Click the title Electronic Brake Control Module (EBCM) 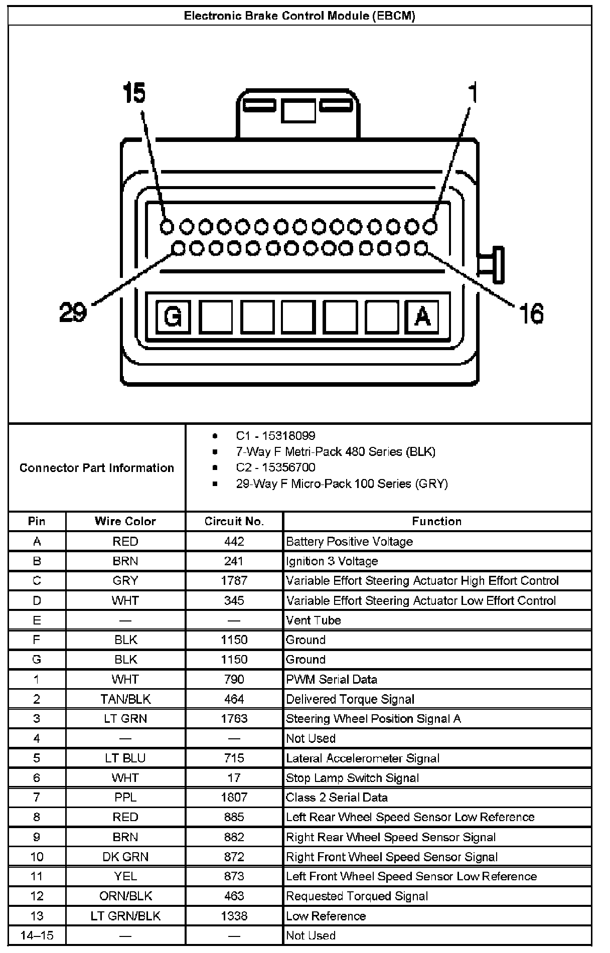pyautogui.click(x=299, y=16)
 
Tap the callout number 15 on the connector pyautogui.click(x=134, y=93)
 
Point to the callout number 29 pyautogui.click(x=73, y=312)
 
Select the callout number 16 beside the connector pyautogui.click(x=531, y=314)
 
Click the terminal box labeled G pyautogui.click(x=173, y=316)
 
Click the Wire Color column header pyautogui.click(x=125, y=521)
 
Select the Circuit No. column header pyautogui.click(x=234, y=521)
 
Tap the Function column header pyautogui.click(x=436, y=521)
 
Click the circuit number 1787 pyautogui.click(x=234, y=581)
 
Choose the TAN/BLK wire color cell pyautogui.click(x=125, y=699)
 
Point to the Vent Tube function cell pyautogui.click(x=313, y=620)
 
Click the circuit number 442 pyautogui.click(x=234, y=542)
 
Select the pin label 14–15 pyautogui.click(x=37, y=935)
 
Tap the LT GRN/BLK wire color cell pyautogui.click(x=125, y=916)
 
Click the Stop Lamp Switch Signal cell pyautogui.click(x=352, y=778)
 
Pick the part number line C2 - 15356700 pyautogui.click(x=275, y=467)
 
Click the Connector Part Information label pyautogui.click(x=96, y=468)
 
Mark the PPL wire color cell pyautogui.click(x=125, y=798)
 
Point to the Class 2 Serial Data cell pyautogui.click(x=337, y=798)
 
